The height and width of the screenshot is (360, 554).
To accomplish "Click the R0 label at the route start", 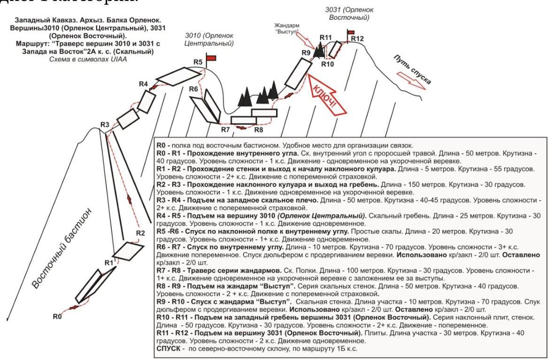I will [x=57, y=317].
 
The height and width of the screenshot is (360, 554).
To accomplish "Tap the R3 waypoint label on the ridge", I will [x=105, y=124].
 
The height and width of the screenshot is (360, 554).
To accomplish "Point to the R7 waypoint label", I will [x=225, y=129].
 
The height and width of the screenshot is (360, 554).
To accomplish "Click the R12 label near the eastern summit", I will [x=357, y=38].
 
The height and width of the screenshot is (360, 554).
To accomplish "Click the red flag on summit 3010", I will [x=211, y=58].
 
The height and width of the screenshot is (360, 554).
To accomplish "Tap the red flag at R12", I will [x=350, y=31].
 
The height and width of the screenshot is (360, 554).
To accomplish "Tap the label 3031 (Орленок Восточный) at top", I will [x=346, y=13].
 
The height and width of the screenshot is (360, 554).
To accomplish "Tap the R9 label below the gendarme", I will [x=306, y=53].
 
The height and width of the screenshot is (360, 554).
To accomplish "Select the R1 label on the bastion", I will [x=109, y=262].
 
